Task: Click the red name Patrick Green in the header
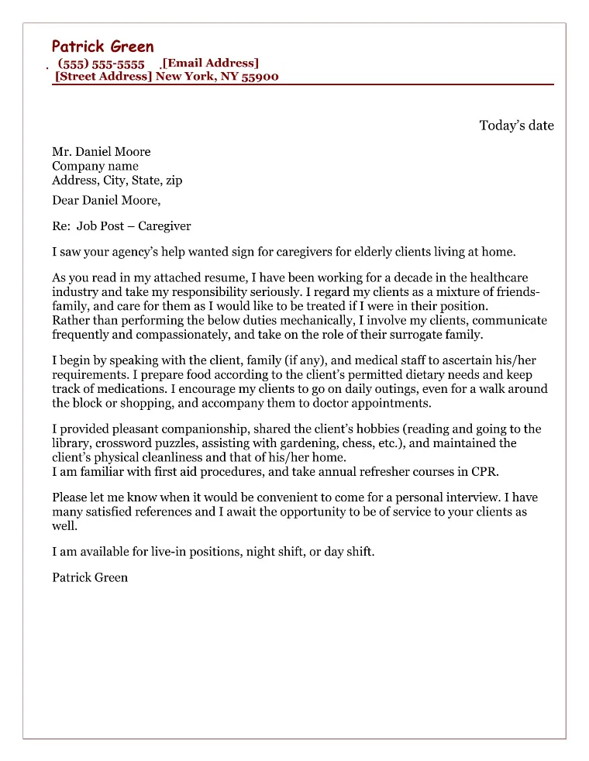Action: click(102, 46)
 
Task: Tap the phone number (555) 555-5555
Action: click(102, 64)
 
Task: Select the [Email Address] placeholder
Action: click(210, 64)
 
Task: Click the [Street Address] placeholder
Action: click(103, 77)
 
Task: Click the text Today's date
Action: click(516, 126)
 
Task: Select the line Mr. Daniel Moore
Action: click(101, 152)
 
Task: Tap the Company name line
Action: click(95, 166)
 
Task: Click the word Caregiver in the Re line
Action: click(164, 226)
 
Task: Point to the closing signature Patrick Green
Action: click(90, 577)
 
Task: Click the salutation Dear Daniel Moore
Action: click(106, 200)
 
